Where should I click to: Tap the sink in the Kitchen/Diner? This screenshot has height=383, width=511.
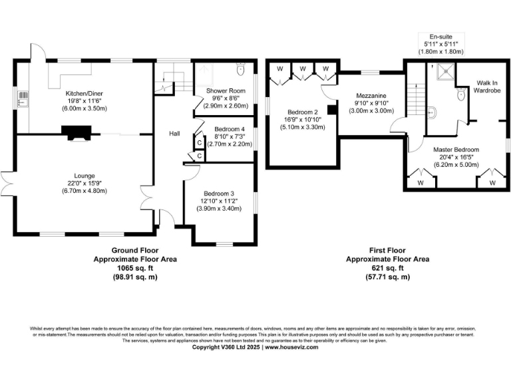click(x=22, y=100)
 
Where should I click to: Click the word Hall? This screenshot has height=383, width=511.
click(x=174, y=134)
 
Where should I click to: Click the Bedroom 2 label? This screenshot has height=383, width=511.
click(x=303, y=112)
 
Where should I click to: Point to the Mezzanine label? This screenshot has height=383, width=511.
click(x=370, y=95)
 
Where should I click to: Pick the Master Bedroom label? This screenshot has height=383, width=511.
click(x=456, y=150)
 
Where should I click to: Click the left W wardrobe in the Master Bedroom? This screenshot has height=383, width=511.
click(x=421, y=182)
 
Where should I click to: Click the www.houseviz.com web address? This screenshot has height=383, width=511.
click(x=291, y=347)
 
